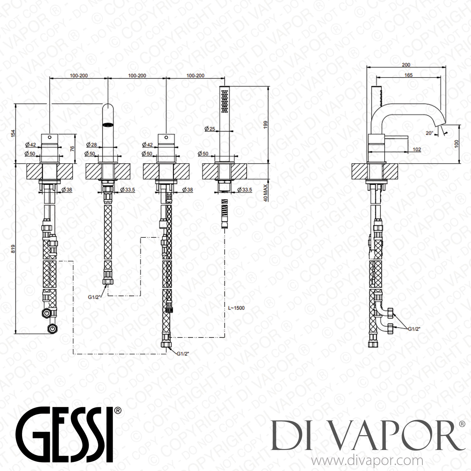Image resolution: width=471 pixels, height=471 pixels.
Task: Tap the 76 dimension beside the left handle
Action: point(72,149)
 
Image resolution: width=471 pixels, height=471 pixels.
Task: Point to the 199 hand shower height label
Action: point(266,125)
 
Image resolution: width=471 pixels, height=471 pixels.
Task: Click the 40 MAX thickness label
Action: point(266,193)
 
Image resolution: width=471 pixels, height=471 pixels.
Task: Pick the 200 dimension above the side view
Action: point(406,65)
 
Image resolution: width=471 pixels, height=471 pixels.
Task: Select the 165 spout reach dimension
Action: point(408,75)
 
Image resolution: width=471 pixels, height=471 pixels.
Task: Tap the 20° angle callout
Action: point(429,133)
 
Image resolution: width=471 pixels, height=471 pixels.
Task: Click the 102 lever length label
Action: point(417,149)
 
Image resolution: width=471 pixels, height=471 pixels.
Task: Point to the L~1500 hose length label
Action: point(236,308)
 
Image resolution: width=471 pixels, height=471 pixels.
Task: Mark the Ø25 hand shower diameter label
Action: point(209,129)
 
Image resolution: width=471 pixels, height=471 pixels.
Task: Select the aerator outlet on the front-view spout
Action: point(108,124)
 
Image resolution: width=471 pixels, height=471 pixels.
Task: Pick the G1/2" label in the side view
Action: point(414,329)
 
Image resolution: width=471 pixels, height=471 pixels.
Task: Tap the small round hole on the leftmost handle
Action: point(49,137)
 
